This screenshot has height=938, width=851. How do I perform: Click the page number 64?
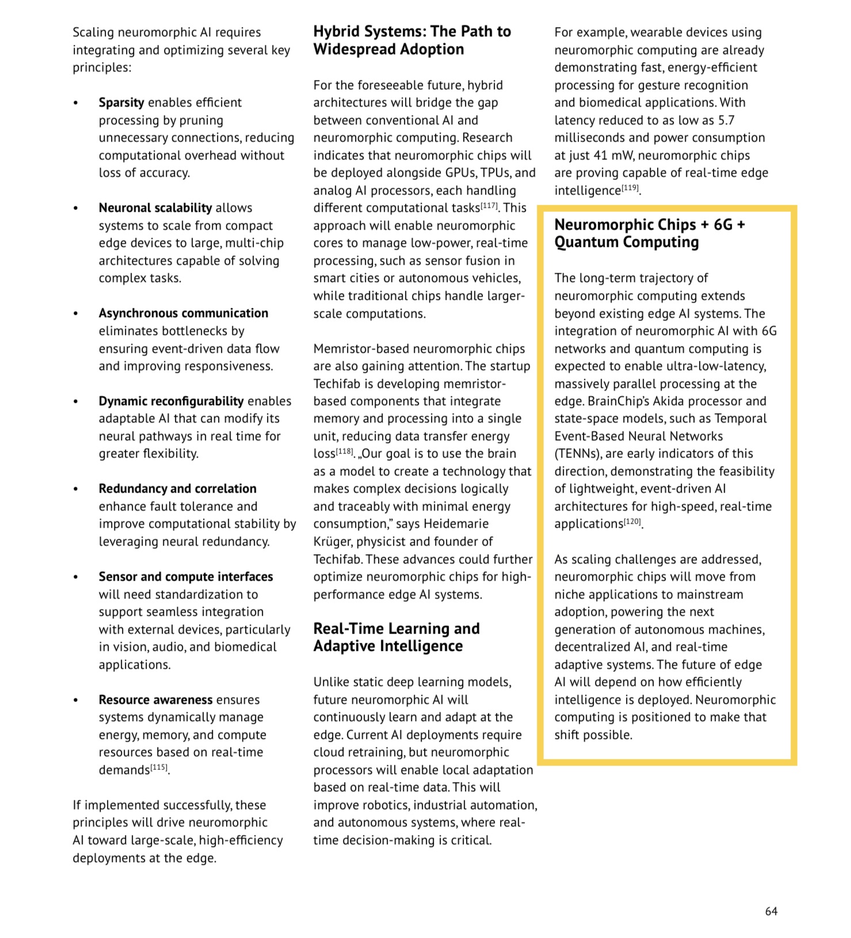pos(771,911)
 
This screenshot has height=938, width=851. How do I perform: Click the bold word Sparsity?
pos(121,102)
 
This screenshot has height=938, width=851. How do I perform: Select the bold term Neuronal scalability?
pos(155,208)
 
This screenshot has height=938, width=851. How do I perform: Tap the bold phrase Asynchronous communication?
pos(183,313)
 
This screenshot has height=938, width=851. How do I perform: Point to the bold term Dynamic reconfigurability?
pos(171,401)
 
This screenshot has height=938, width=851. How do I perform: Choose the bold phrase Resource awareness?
pos(155,700)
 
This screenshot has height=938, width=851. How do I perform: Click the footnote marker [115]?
pos(159,768)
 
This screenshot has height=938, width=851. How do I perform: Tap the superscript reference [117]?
pos(489,205)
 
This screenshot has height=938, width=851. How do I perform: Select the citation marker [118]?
pos(344,451)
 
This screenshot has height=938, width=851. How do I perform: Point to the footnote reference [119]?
pos(630,188)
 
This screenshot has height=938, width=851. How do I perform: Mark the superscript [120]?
pos(632,521)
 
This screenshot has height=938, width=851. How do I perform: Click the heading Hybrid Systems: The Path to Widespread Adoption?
pos(412,40)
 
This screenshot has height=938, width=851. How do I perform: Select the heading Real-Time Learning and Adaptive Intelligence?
pos(396,637)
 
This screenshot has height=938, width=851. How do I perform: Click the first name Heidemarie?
pos(456,524)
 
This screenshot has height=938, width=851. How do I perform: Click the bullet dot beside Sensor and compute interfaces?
pos(75,577)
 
